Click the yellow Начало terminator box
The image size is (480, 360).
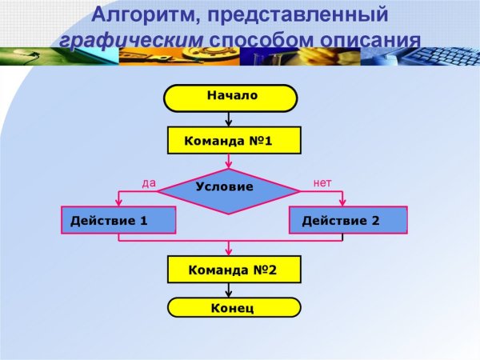(x=231, y=97)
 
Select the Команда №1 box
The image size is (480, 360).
(x=234, y=141)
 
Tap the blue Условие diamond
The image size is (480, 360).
(x=230, y=190)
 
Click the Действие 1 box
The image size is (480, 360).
(x=118, y=220)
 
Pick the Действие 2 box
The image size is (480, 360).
(x=348, y=220)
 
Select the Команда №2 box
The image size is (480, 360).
(x=234, y=270)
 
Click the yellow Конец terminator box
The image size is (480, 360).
(x=234, y=308)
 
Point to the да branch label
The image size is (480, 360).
(x=149, y=182)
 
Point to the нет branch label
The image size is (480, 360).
(x=322, y=182)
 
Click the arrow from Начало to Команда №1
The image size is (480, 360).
(x=230, y=118)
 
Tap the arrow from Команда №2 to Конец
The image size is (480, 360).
(x=230, y=290)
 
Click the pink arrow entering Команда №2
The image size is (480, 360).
(x=230, y=249)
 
